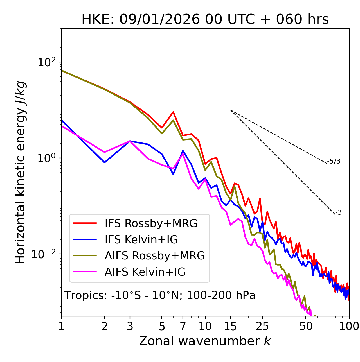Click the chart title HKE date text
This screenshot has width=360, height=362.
coord(205,20)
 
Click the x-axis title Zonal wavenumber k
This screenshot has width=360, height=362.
coord(205,341)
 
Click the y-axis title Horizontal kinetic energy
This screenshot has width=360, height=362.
coord(21,172)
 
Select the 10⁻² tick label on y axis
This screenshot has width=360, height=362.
coord(45,254)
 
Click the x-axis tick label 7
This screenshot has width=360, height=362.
coord(183,326)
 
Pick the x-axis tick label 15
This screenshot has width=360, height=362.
coord(231,326)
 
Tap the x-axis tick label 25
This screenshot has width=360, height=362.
coord(262,326)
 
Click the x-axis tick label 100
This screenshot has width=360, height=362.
coord(349,326)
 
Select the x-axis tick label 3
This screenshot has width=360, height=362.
coord(130,326)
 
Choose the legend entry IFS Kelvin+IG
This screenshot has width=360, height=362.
coord(141,239)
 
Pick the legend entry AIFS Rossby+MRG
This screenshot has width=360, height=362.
coord(155,256)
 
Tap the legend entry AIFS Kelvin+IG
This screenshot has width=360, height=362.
coord(145,272)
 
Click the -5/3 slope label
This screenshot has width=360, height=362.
coord(334,161)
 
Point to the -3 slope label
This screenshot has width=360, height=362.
coord(338,213)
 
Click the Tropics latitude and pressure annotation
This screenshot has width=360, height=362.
coord(160,295)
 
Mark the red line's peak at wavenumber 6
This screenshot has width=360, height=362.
coord(173,112)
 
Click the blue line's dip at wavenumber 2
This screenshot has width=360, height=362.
coord(105,162)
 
